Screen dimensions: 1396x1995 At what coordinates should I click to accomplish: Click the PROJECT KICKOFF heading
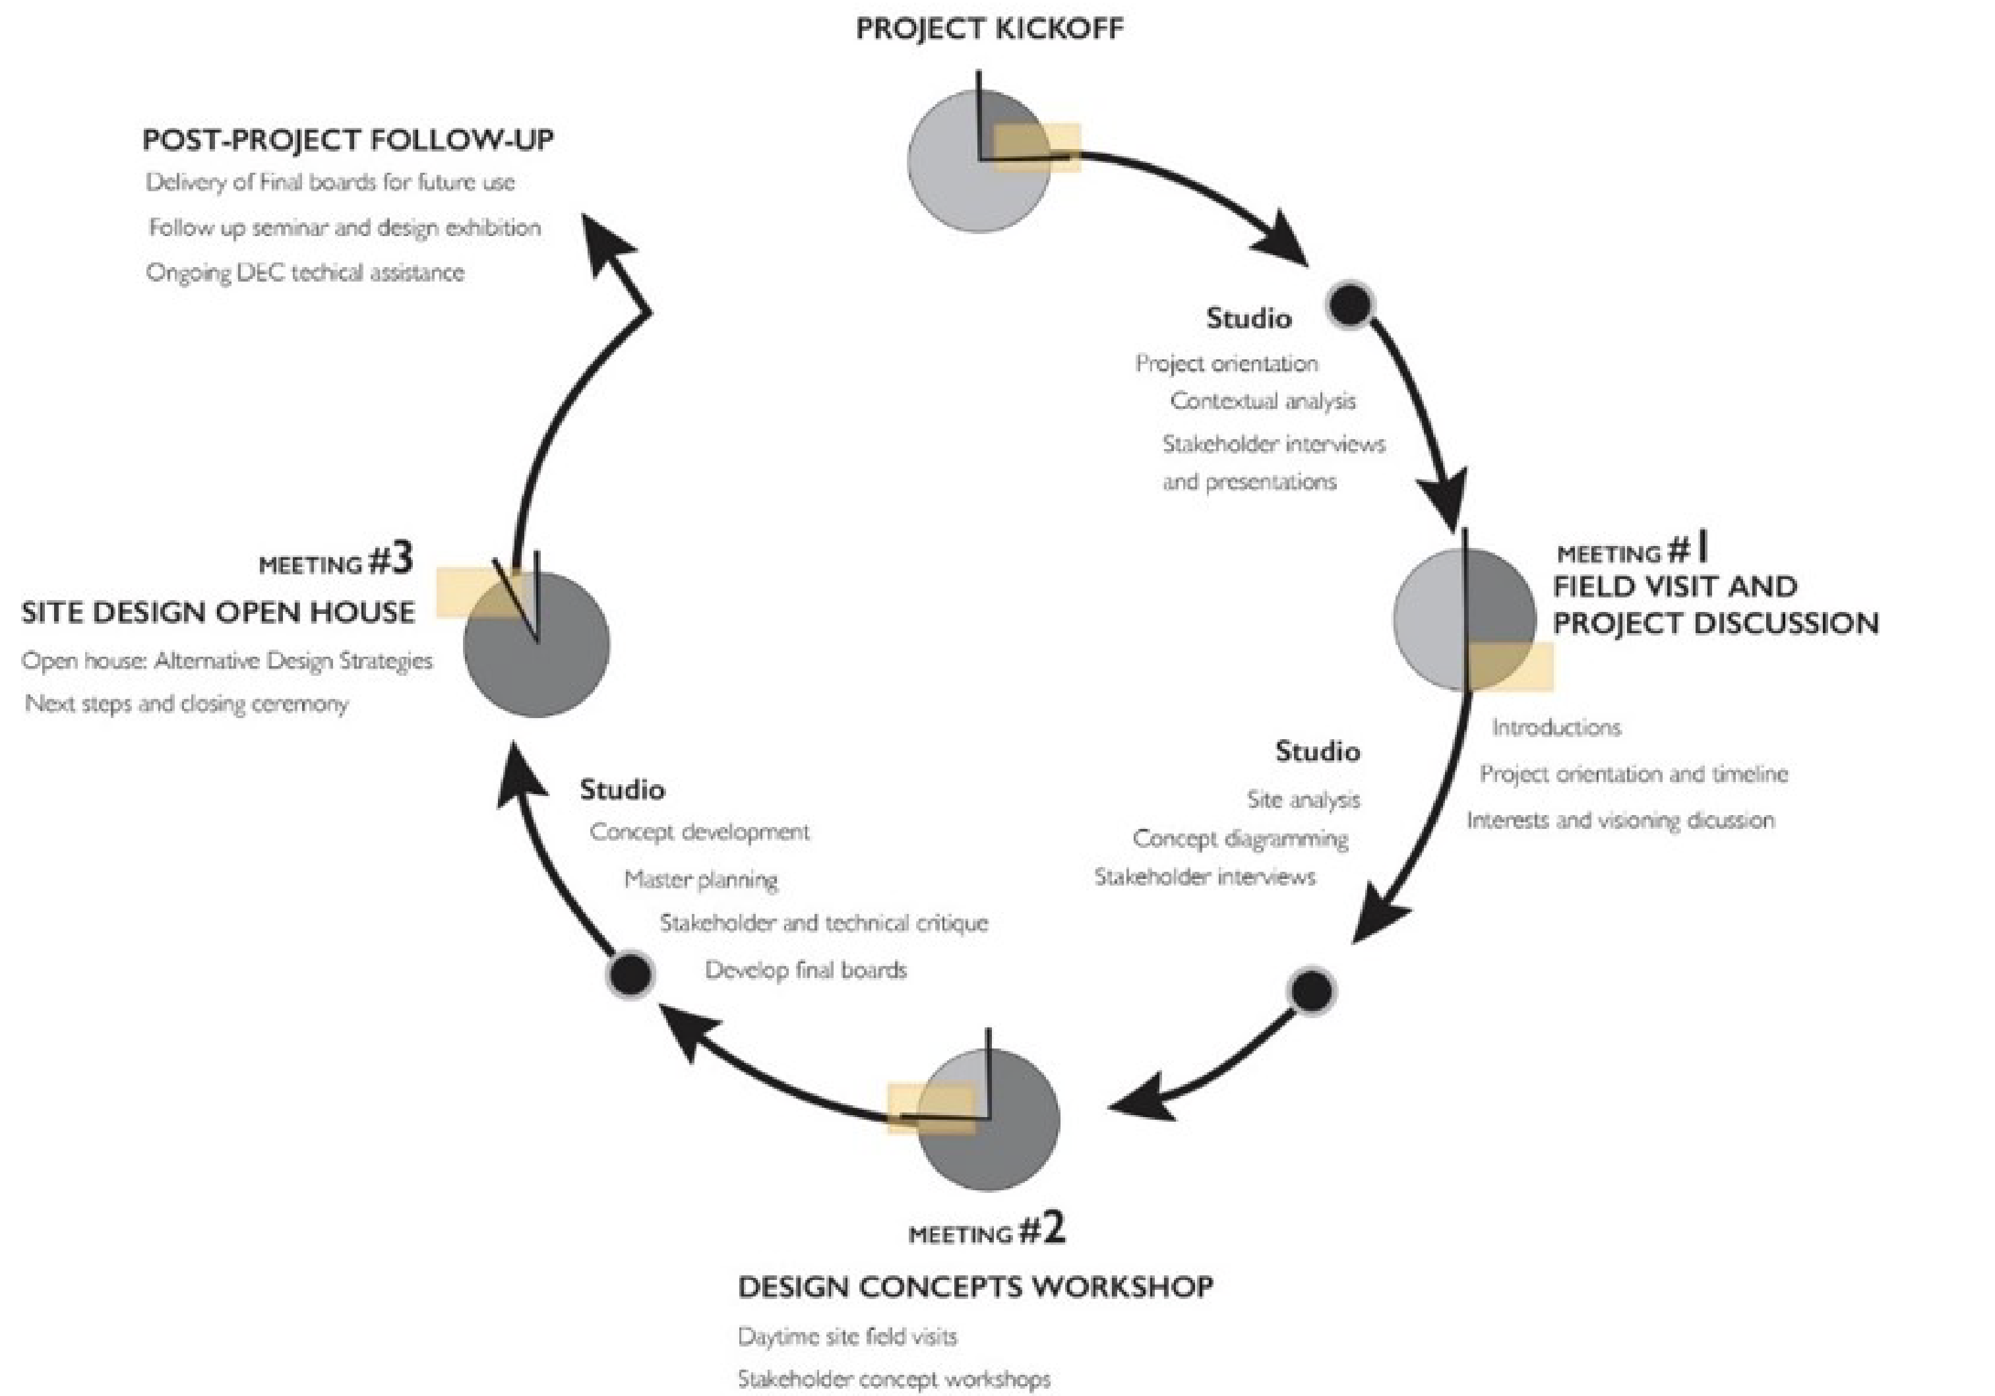989,28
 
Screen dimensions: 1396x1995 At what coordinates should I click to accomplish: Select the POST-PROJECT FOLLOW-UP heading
348,140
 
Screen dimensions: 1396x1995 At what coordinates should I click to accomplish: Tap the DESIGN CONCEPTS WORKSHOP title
975,1287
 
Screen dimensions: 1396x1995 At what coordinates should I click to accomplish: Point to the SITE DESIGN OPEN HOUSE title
218,613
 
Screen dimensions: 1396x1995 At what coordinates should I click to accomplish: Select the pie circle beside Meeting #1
1464,619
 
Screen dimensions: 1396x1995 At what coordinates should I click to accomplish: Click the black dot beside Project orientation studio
1349,304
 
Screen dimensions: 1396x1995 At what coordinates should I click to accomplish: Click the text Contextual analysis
1262,402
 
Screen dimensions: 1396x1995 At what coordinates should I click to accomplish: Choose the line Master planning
700,880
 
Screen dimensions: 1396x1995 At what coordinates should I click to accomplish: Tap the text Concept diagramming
1240,839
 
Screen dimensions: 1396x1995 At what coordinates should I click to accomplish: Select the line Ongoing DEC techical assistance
305,273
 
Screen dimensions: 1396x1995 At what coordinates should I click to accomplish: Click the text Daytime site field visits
847,1336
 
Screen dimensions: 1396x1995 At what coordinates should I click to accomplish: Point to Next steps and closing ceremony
187,703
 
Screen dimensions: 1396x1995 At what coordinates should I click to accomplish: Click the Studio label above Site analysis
1317,752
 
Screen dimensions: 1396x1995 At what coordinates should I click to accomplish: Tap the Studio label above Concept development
622,789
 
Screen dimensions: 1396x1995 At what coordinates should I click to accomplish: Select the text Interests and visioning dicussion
1620,820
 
